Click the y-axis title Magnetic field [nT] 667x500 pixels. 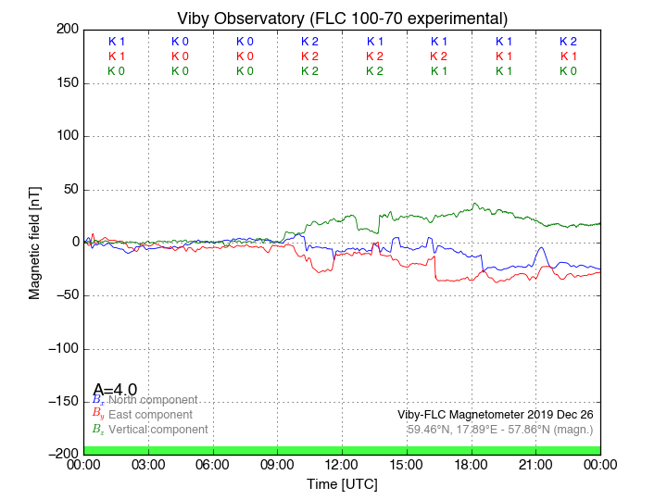(x=35, y=241)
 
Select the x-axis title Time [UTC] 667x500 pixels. (x=342, y=483)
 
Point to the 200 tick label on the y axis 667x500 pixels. (x=67, y=30)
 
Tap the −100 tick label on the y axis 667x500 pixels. (x=62, y=349)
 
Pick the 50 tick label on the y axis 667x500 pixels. (x=70, y=190)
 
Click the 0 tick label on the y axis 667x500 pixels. (x=74, y=243)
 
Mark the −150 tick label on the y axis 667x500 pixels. (x=62, y=402)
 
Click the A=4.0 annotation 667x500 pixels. (x=115, y=389)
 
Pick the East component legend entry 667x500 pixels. (x=150, y=415)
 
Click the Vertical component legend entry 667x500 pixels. (x=157, y=430)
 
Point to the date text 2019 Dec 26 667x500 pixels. (x=557, y=414)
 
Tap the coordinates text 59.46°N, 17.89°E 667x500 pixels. (x=458, y=429)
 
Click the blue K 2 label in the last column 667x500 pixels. (x=568, y=42)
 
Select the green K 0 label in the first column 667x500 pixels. (x=116, y=71)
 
